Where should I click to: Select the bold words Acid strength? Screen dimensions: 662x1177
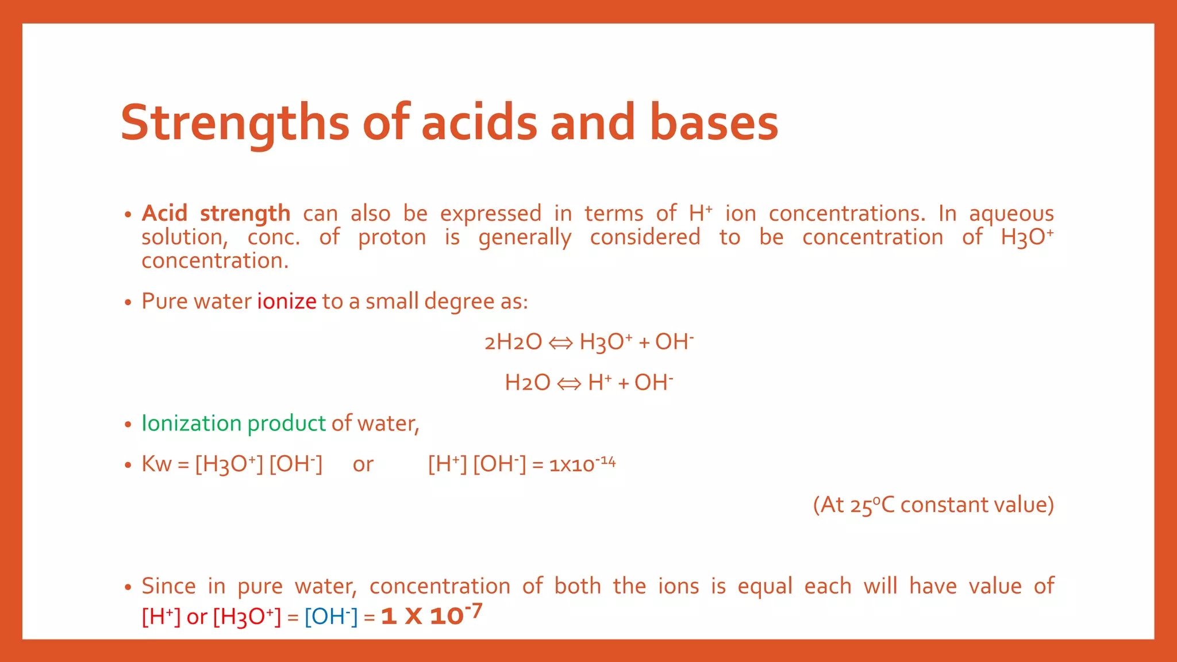pos(216,213)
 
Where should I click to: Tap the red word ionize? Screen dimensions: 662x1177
pos(286,301)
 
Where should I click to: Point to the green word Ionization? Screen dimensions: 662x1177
pos(191,424)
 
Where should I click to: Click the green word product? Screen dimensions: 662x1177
pos(286,424)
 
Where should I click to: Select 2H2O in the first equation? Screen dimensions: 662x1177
pos(513,342)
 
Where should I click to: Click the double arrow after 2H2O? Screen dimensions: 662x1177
pos(560,343)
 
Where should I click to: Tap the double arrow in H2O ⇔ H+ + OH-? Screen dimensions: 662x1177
pos(569,383)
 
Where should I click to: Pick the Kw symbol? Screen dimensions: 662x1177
pos(156,464)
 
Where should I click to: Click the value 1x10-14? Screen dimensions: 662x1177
pos(582,464)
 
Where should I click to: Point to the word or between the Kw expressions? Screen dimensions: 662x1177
pos(363,464)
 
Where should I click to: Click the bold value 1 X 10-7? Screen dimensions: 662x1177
pos(431,615)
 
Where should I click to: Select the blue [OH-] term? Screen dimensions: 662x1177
pos(330,617)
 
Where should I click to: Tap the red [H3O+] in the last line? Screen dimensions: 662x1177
pos(247,617)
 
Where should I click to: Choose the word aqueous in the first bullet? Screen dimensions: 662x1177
pos(1011,213)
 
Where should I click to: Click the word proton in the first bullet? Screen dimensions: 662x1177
pos(392,237)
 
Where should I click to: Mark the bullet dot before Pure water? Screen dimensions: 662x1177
pos(128,302)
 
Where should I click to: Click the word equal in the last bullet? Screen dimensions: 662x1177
pos(764,586)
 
